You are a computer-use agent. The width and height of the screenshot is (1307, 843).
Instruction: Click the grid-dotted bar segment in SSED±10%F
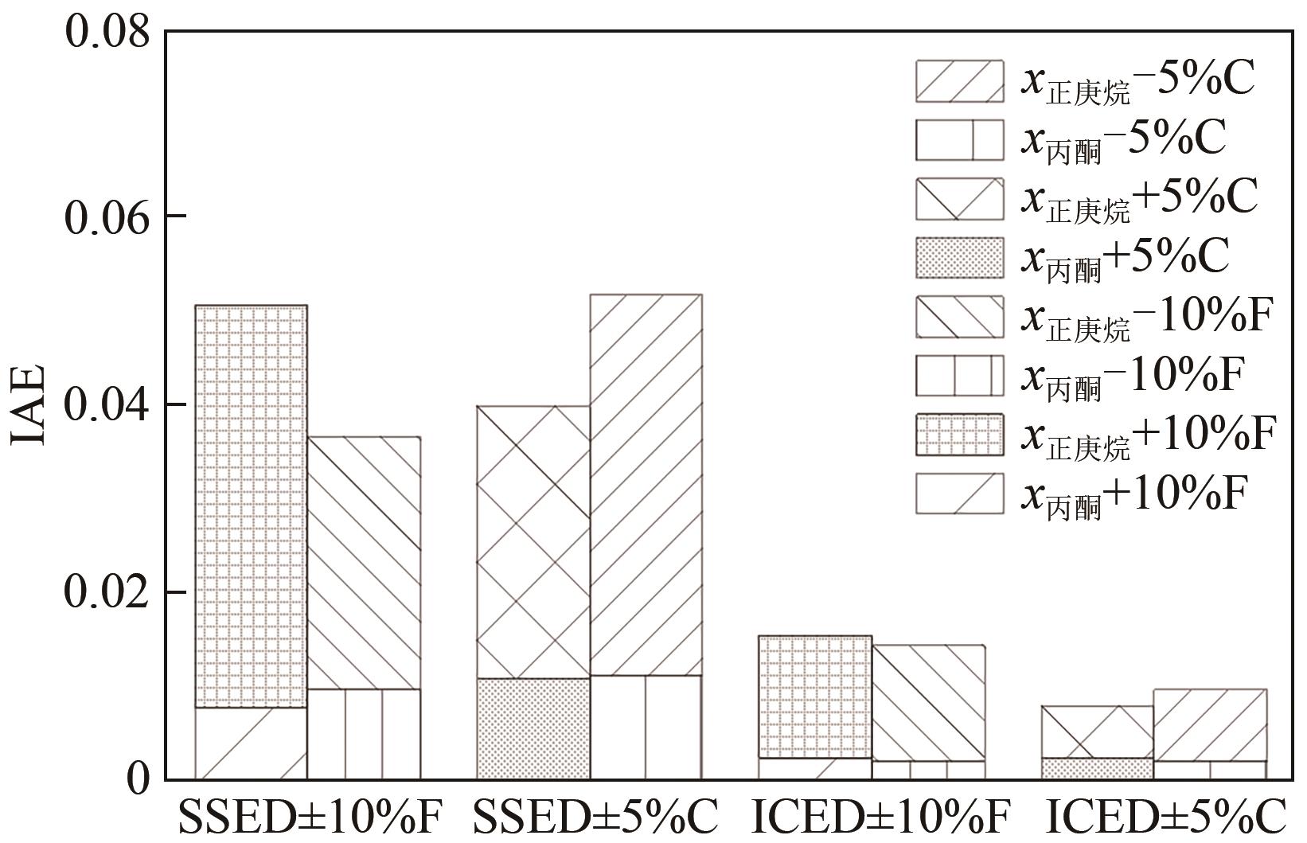point(251,506)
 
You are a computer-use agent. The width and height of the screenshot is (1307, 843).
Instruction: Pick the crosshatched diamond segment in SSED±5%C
point(533,541)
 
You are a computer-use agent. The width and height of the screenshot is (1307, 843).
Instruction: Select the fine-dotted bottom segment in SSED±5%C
point(533,728)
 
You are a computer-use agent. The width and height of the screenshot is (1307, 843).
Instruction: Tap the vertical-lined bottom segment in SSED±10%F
point(364,733)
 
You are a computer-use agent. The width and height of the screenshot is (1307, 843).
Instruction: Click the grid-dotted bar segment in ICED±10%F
point(815,697)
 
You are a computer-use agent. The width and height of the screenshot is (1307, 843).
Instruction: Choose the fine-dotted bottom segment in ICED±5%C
point(1097,768)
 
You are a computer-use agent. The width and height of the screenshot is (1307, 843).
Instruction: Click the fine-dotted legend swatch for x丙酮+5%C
point(959,257)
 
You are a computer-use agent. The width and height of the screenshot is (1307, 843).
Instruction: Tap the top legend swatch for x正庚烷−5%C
point(959,80)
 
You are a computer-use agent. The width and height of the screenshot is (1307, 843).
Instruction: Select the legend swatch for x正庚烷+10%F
point(959,434)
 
